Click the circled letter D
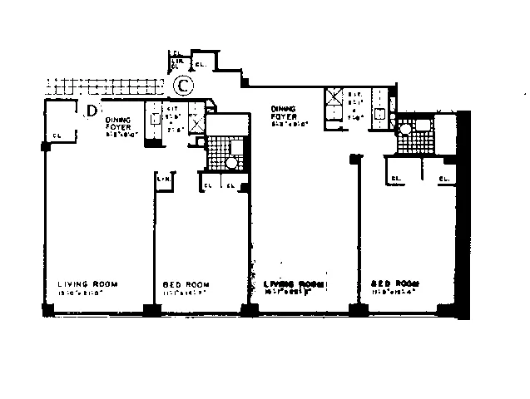(92, 109)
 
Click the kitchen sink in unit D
(155, 118)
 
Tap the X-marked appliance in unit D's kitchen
(196, 122)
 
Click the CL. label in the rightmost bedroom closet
(443, 178)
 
